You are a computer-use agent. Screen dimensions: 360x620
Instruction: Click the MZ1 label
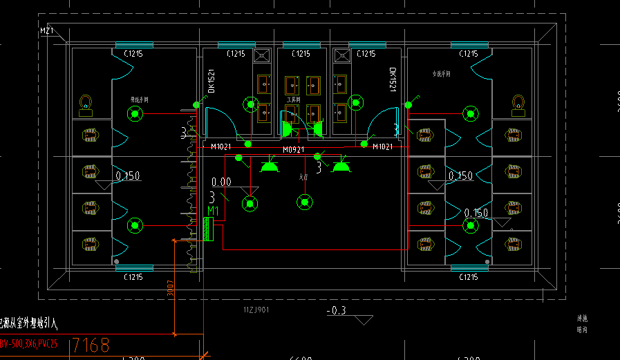47,31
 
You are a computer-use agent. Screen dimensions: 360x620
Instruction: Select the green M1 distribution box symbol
207,229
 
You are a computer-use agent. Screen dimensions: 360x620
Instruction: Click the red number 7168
91,345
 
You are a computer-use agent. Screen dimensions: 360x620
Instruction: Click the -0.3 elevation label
336,311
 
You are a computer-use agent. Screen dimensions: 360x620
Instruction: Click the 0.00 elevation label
221,182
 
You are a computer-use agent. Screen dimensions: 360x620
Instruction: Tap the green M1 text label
213,211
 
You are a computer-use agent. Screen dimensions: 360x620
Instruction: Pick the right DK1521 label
392,79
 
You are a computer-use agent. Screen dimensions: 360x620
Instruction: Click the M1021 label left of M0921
221,146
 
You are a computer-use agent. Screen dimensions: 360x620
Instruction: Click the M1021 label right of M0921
382,146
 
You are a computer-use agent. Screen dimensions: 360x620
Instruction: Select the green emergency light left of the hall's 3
269,165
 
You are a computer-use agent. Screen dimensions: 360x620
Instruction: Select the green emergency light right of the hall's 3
341,165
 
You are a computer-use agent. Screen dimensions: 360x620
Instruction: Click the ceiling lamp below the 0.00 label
250,203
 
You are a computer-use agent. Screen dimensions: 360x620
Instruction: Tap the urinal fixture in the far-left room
86,104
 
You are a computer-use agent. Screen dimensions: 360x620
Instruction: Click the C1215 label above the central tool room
301,54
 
